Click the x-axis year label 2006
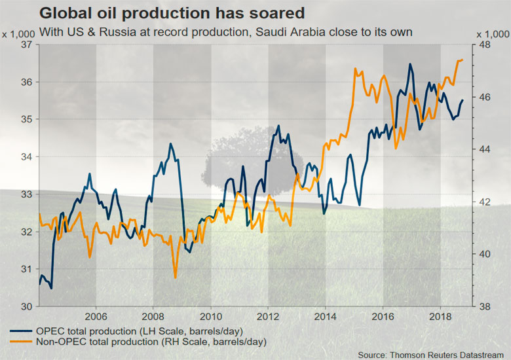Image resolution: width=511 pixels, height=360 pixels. pos(96,314)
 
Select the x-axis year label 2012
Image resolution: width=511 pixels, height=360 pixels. pos(267,314)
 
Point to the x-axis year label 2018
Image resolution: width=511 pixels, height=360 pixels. pos(440,314)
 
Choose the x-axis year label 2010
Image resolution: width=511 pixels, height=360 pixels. pos(210,314)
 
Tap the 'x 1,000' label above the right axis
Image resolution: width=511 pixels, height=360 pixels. pos(492,33)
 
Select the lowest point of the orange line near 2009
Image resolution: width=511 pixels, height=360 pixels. pos(175,278)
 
